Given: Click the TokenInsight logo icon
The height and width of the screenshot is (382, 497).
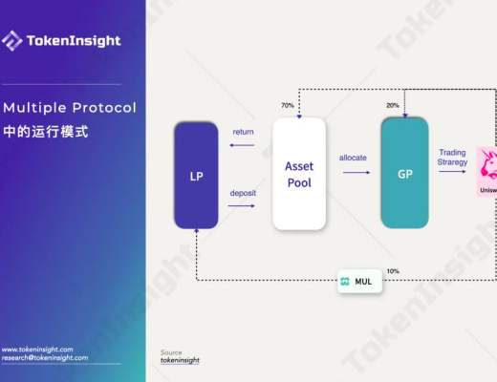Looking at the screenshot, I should point(12,40).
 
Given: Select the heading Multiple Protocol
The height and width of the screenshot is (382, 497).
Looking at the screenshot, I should point(69,107).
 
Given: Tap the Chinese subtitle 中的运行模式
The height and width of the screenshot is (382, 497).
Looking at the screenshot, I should point(45,132).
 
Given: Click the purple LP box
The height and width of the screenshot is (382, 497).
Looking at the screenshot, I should point(195,176).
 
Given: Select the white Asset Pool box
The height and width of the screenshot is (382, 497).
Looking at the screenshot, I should point(299,174).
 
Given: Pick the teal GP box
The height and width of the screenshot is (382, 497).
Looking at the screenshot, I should point(404,175).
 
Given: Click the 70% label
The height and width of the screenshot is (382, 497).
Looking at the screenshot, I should point(287,105).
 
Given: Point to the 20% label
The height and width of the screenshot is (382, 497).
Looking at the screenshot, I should point(393,105).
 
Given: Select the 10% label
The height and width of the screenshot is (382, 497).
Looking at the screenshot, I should point(393,271).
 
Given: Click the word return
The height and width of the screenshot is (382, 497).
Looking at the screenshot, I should point(243,132).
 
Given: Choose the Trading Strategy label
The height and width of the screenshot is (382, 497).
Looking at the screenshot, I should point(452,158).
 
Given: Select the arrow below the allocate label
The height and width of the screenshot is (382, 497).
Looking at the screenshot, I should point(356,173).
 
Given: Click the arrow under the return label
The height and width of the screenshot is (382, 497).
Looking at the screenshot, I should point(242,146).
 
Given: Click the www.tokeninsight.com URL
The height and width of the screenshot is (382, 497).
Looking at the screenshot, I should point(39,350).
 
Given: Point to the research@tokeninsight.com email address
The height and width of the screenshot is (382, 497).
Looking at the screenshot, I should point(45,358).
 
